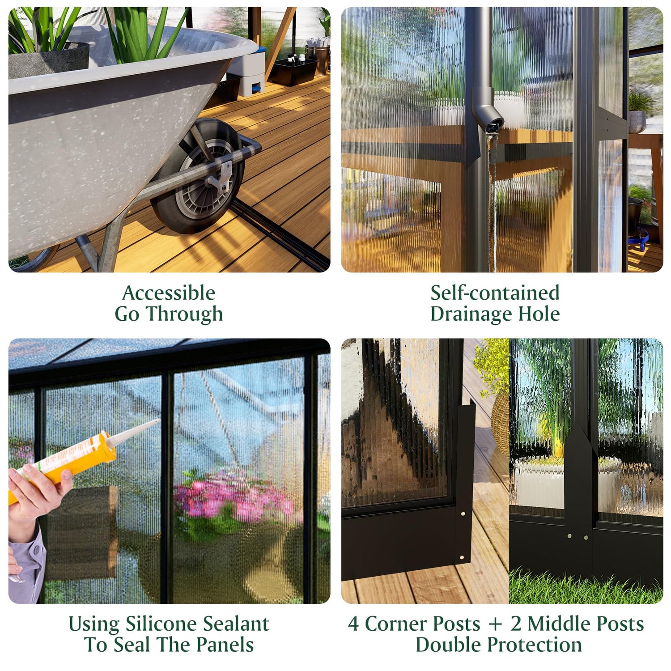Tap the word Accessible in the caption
click(169, 293)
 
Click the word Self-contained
click(495, 293)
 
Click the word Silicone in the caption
click(156, 624)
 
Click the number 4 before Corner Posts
click(353, 624)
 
